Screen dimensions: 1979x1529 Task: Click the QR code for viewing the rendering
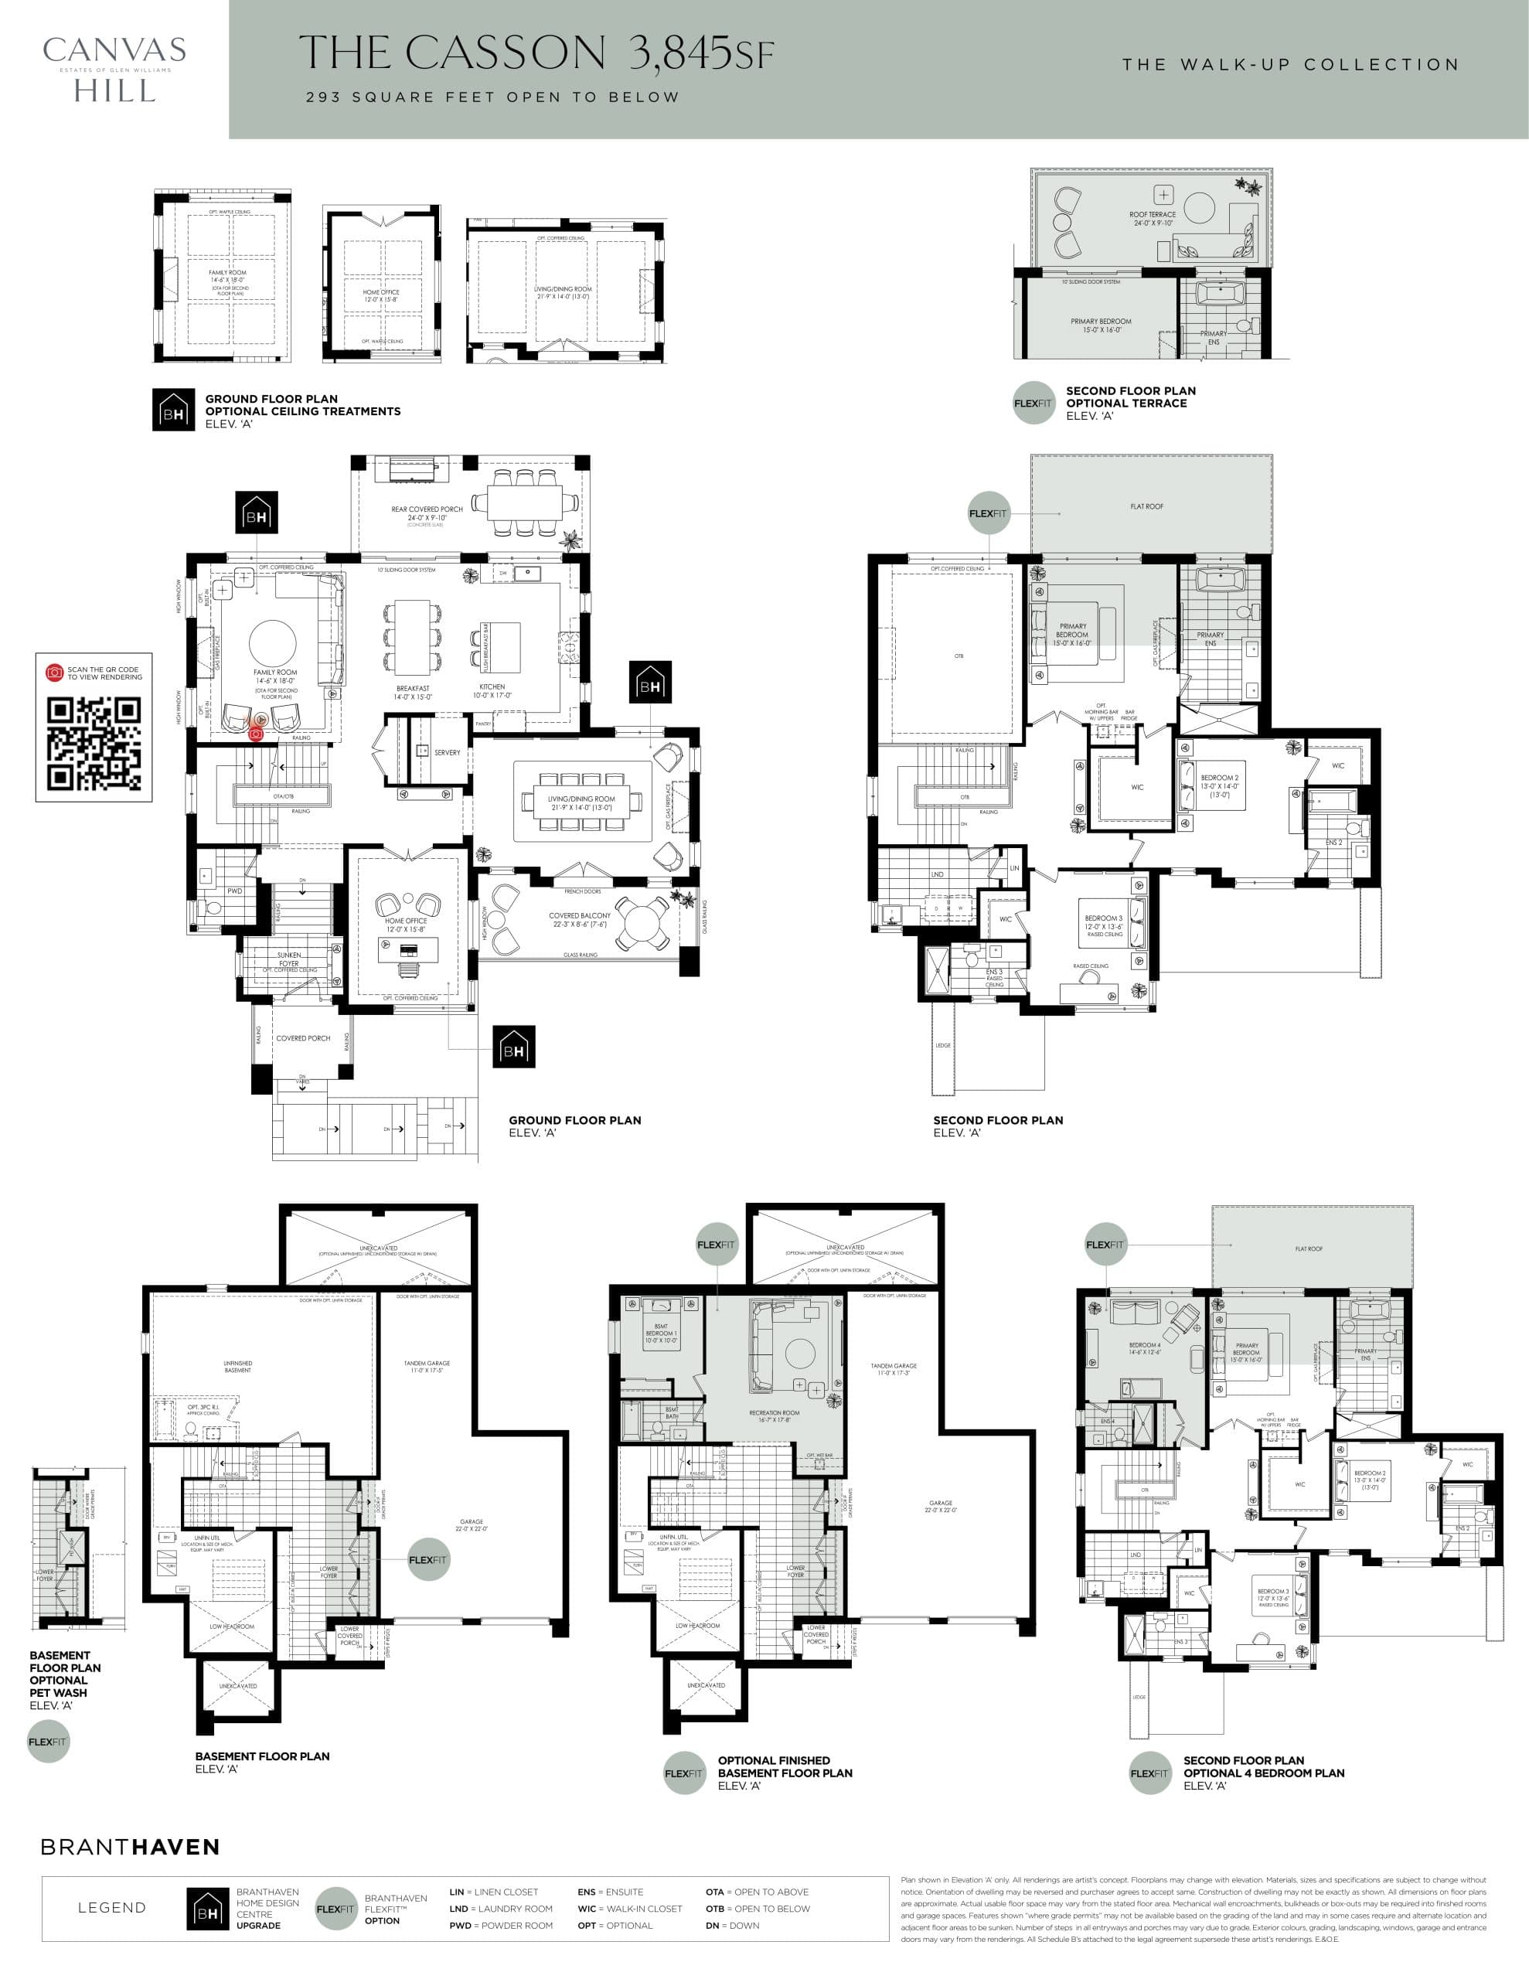(x=94, y=743)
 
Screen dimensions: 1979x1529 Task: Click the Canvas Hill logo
(x=114, y=70)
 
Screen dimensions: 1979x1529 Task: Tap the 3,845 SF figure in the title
(x=703, y=54)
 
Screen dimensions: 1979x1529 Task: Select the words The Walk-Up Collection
(x=1291, y=65)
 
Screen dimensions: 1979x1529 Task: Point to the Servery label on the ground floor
(x=447, y=753)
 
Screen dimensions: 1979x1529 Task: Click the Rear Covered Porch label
(x=427, y=510)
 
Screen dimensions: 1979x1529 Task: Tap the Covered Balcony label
(x=579, y=916)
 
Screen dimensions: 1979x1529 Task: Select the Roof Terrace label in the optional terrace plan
(x=1152, y=216)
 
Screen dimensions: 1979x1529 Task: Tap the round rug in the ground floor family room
(x=272, y=643)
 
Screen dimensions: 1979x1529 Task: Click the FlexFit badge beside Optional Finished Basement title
(x=683, y=1773)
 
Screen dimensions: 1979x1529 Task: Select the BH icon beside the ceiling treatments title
(x=173, y=410)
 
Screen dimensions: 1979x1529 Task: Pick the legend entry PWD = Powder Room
(x=500, y=1926)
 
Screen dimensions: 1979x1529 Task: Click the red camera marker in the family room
(x=257, y=733)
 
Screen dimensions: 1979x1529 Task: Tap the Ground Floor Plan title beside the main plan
(x=574, y=1121)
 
